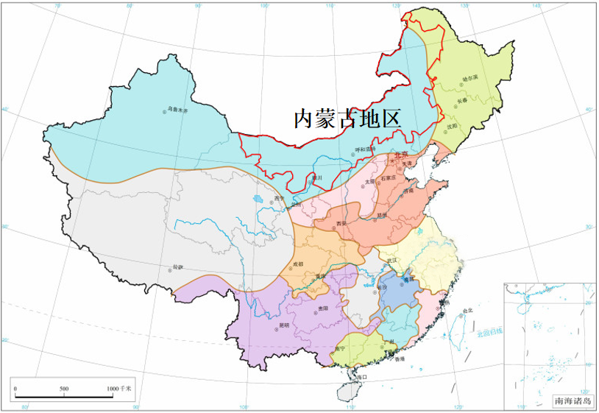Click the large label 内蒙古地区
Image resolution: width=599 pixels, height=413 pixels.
pyautogui.click(x=347, y=119)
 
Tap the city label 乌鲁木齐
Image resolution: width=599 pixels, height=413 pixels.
pyautogui.click(x=178, y=110)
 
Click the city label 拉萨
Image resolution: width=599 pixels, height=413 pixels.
pyautogui.click(x=177, y=266)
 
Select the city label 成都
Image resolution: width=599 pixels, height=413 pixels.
pyautogui.click(x=297, y=263)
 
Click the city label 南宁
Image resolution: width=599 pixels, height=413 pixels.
pyautogui.click(x=339, y=348)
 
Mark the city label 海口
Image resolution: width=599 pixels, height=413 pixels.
pyautogui.click(x=361, y=377)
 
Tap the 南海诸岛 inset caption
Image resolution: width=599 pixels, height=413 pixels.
pyautogui.click(x=573, y=401)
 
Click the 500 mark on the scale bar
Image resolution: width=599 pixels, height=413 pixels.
pyautogui.click(x=64, y=388)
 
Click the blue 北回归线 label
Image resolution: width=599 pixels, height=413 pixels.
pyautogui.click(x=489, y=332)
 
